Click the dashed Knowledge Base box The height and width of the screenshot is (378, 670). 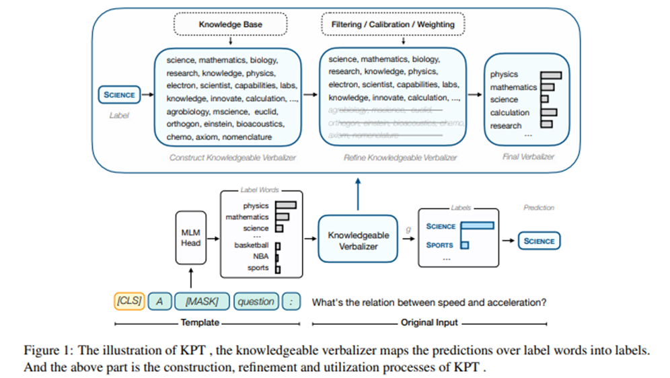pos(230,24)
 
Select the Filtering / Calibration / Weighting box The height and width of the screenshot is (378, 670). pos(393,24)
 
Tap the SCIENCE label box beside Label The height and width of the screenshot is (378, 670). pos(119,95)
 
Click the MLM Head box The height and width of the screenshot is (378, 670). pos(190,237)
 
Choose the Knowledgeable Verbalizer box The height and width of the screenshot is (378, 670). pos(358,240)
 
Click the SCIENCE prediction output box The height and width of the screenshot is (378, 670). pos(539,241)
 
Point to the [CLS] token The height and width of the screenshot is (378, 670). pos(128,301)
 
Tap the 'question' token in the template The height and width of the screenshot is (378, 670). pos(256,301)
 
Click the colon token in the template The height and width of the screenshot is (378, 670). pos(291,301)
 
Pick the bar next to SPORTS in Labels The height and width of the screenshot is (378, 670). pos(464,245)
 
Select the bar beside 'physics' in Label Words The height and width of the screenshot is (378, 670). pos(285,206)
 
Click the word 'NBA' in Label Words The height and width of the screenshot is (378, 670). pos(260,256)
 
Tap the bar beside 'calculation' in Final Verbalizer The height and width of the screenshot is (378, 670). pos(549,112)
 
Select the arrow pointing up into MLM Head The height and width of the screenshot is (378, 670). pos(190,276)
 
